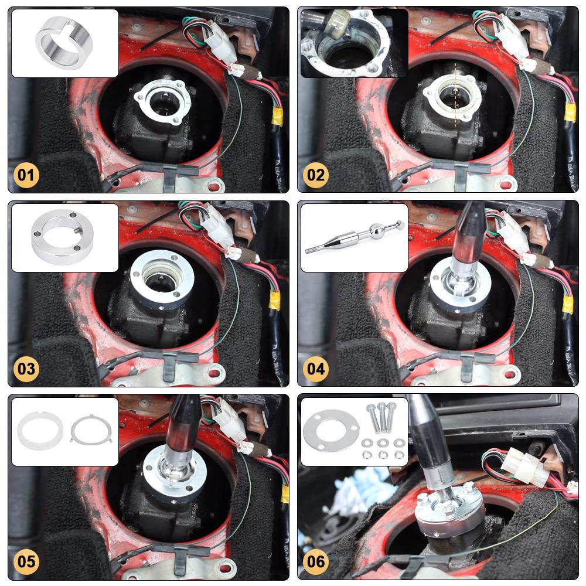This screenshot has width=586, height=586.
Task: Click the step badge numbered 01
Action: (x=27, y=175)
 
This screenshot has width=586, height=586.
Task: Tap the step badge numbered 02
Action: (x=316, y=175)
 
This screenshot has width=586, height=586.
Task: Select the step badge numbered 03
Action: (x=27, y=369)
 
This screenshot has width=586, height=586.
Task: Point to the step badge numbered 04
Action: (x=316, y=369)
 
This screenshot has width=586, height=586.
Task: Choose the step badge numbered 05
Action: (x=27, y=562)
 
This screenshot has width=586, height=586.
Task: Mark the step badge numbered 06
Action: (x=316, y=562)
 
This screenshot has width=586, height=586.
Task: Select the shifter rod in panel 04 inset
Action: (x=355, y=237)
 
